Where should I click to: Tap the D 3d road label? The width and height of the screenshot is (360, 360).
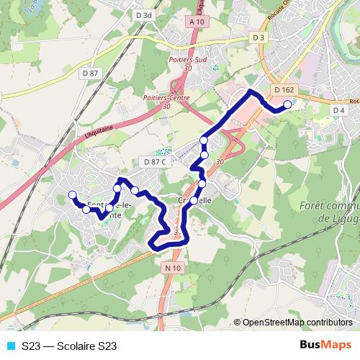click(145, 14)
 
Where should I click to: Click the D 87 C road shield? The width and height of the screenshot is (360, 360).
click(155, 162)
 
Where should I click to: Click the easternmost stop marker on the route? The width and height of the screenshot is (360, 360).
click(287, 105)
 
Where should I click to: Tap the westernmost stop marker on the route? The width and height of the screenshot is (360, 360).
click(71, 195)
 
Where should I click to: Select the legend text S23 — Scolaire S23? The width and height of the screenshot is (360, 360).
click(69, 346)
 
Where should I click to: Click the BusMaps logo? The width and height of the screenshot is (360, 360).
click(325, 346)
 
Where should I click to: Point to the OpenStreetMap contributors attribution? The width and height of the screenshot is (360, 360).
click(297, 323)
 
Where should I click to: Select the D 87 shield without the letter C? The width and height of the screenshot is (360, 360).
click(90, 73)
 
